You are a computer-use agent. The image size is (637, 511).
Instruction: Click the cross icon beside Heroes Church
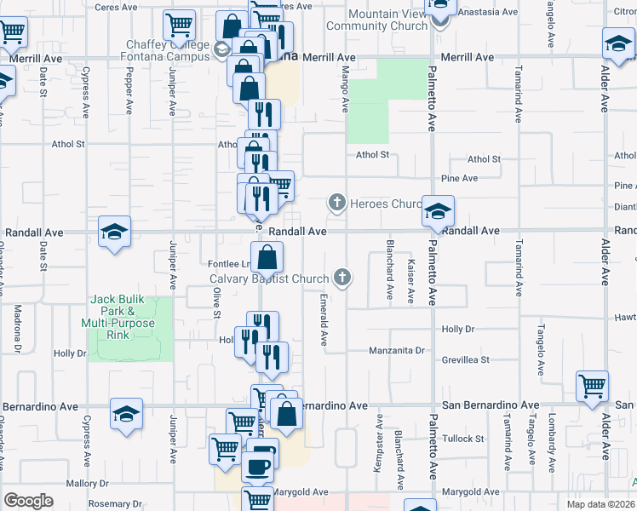point(337,204)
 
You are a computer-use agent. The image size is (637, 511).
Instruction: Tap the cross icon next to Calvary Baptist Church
point(342,277)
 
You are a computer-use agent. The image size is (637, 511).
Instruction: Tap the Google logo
point(28,501)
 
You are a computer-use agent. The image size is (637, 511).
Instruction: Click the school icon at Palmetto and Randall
point(438,212)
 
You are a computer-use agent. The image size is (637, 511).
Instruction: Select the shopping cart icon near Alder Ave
point(591,384)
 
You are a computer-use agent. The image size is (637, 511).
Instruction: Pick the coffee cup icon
point(258,466)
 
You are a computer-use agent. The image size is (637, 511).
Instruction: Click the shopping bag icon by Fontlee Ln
point(267,256)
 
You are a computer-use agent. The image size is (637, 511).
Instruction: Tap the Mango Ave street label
point(346,89)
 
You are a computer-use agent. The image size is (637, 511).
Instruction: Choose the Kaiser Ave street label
point(411,281)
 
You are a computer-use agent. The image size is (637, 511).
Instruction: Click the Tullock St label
point(462,439)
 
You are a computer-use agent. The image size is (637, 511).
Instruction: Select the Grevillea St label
point(466,360)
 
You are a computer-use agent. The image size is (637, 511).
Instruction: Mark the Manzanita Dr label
point(396,350)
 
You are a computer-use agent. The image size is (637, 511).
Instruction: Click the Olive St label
point(217,303)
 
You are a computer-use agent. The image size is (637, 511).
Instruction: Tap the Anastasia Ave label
point(490,13)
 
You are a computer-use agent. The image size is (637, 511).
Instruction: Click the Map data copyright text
point(601,504)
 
